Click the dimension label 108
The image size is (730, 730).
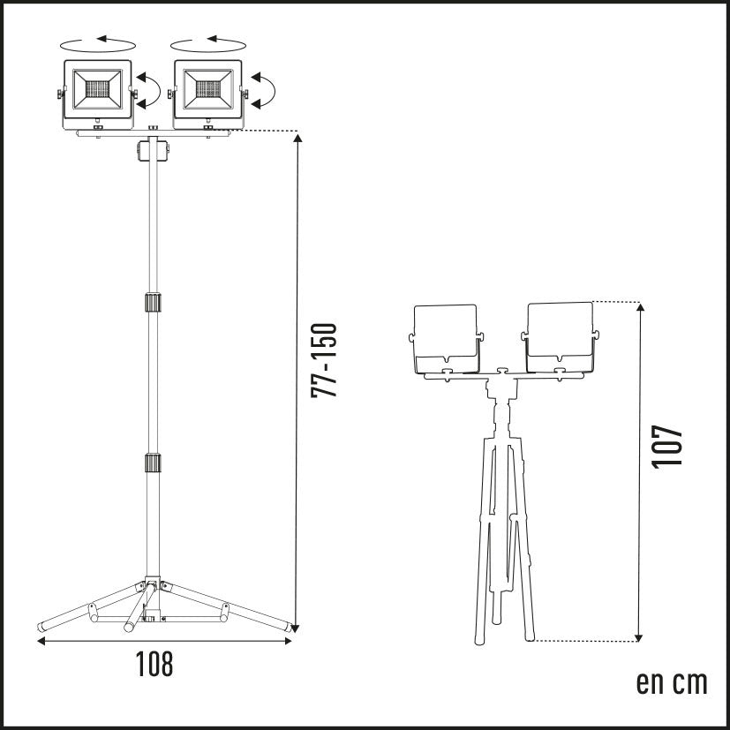coord(154,664)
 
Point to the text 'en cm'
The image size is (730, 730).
coord(672,682)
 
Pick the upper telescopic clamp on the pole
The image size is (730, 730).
coord(152,304)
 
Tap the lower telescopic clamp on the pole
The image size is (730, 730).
coord(152,463)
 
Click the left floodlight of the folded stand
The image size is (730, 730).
coord(446,339)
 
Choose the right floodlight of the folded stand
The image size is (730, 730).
coord(559,337)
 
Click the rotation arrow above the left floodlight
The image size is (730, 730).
coord(97,41)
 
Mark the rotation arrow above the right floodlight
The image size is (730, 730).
coord(209,41)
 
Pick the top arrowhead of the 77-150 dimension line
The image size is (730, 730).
coord(298,138)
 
